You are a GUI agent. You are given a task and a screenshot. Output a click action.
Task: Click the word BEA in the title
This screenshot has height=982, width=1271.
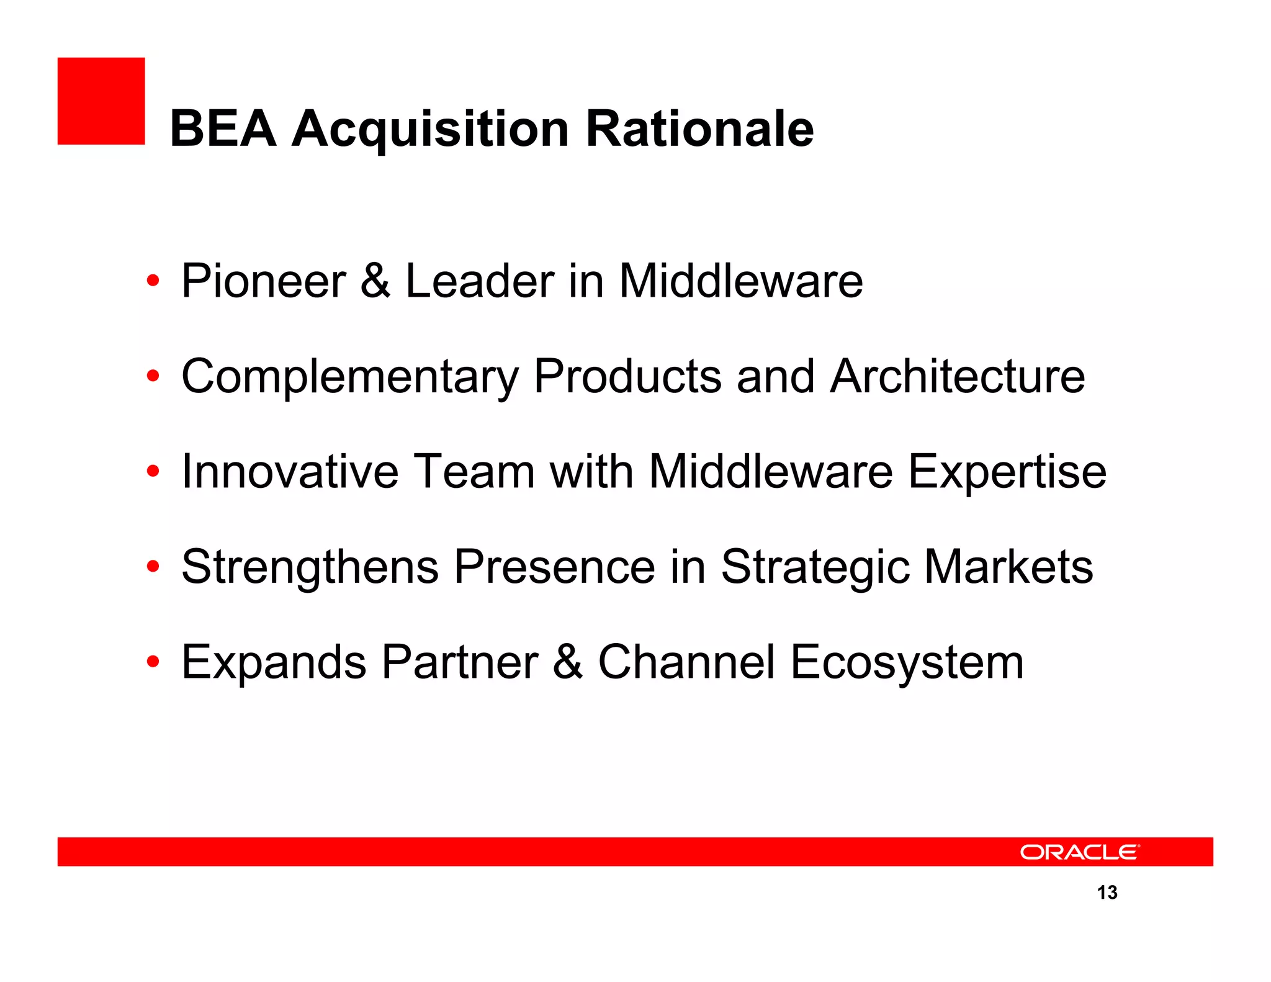(223, 128)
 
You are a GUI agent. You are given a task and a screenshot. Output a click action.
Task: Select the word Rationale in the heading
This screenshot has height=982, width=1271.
(699, 128)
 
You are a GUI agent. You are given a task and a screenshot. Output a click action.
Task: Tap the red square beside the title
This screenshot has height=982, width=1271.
(101, 101)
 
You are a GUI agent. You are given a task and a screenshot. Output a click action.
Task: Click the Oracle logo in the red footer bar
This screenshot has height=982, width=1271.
(1079, 852)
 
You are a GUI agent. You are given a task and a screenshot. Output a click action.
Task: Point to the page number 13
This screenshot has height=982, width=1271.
(1107, 893)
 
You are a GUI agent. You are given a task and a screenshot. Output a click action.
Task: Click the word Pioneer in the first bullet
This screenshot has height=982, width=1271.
(263, 281)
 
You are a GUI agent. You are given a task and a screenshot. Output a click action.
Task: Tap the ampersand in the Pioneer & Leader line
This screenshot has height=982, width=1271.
(375, 281)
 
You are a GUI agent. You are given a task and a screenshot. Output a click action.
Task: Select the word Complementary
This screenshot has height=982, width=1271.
(350, 377)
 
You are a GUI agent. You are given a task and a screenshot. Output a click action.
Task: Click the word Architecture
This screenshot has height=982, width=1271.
(958, 377)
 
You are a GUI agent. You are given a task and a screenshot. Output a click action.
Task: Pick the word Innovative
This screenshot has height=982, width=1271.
(289, 472)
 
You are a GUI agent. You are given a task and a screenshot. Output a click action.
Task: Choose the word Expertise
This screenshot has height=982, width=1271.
(1007, 472)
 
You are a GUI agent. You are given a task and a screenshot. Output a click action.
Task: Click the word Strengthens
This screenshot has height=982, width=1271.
(310, 567)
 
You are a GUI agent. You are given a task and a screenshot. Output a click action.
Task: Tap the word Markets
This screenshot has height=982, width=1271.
(1008, 567)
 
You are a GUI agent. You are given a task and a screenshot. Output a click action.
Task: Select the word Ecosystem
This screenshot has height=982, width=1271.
(907, 662)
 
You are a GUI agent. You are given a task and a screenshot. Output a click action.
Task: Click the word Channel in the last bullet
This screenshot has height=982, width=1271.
(686, 662)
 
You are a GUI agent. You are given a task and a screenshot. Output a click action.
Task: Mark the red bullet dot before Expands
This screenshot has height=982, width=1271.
(153, 662)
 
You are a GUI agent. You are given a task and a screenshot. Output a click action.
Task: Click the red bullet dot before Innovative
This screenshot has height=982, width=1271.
(153, 472)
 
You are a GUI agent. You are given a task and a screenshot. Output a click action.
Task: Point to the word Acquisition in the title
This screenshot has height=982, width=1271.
(431, 128)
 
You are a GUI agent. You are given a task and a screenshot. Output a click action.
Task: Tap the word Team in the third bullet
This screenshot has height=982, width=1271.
(474, 472)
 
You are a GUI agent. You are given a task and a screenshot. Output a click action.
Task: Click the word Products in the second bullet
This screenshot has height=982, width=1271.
(627, 377)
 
